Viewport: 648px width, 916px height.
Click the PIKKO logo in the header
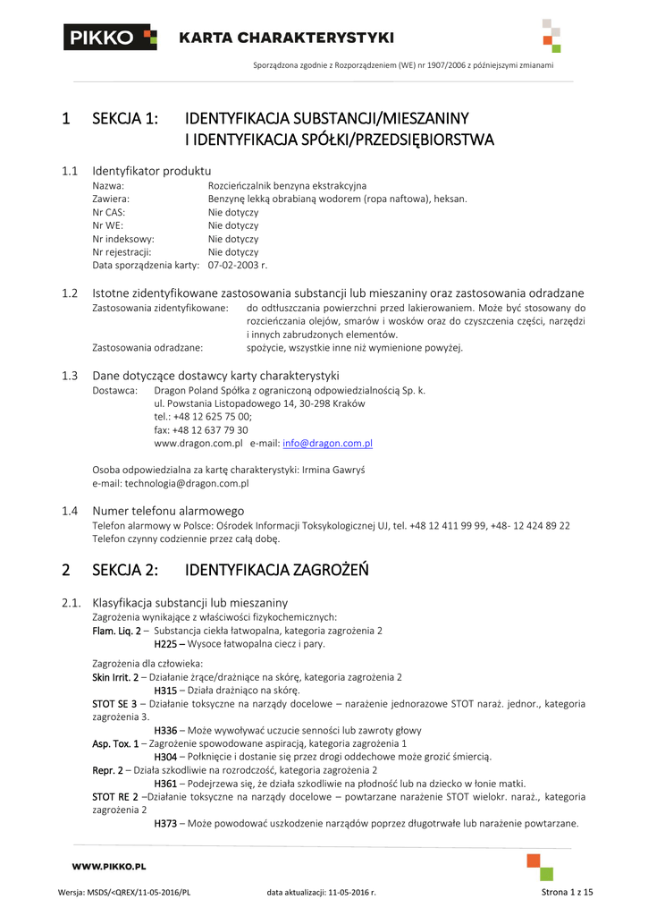pos(110,38)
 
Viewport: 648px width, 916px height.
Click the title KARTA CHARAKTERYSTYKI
pos(286,38)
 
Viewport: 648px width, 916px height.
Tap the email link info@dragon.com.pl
pos(327,443)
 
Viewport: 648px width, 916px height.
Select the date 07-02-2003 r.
pos(238,266)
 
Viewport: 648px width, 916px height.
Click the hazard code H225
pos(167,643)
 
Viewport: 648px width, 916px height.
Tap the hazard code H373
pos(167,823)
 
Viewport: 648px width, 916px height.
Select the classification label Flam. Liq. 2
pos(116,631)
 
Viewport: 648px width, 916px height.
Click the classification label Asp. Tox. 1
pos(115,743)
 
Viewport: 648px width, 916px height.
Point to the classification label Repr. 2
pos(107,769)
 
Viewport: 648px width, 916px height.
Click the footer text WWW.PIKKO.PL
pos(109,866)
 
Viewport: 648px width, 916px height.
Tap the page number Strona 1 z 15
pos(568,892)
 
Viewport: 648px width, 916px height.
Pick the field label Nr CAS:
pos(109,213)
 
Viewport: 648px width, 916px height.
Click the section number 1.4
pos(71,511)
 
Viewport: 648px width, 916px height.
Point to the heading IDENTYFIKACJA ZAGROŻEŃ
pos(276,570)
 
